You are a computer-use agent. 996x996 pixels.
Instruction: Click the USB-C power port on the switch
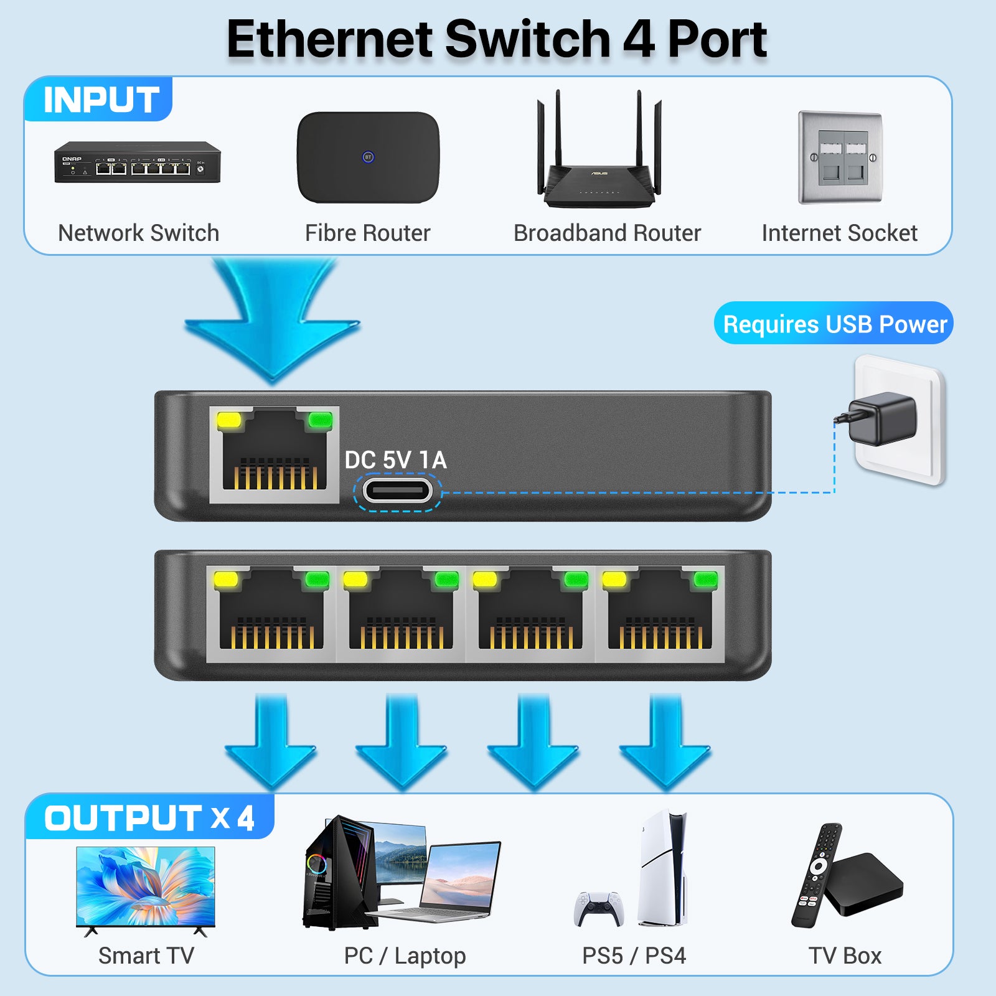click(x=397, y=491)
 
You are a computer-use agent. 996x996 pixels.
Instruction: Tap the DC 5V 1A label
click(x=395, y=460)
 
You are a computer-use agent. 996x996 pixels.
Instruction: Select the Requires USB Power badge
click(x=834, y=324)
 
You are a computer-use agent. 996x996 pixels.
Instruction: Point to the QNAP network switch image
click(x=138, y=162)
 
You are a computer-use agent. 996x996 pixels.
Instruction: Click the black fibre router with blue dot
click(x=368, y=157)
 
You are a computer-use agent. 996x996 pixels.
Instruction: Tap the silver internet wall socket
click(x=840, y=158)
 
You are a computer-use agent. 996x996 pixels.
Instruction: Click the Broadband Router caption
click(x=607, y=233)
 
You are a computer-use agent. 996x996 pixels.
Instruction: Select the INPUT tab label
click(x=101, y=100)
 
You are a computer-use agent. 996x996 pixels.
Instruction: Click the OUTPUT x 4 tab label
click(x=149, y=817)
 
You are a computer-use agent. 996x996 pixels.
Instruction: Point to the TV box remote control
click(x=817, y=875)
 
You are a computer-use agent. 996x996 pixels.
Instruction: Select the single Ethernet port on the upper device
click(x=274, y=454)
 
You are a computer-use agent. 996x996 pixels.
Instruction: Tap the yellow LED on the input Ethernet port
click(x=228, y=420)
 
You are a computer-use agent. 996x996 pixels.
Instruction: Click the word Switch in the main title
click(x=528, y=39)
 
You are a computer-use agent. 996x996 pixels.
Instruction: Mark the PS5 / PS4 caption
click(x=634, y=956)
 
